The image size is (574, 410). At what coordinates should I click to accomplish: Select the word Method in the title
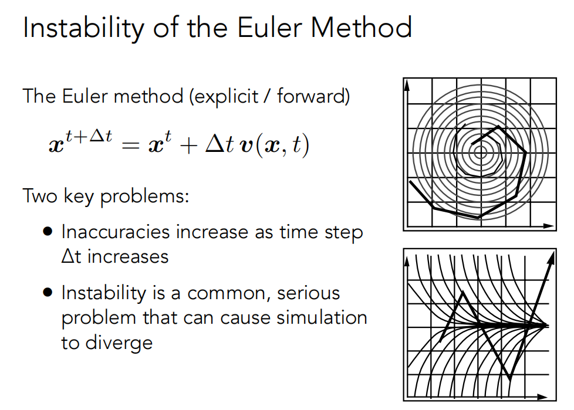click(x=362, y=28)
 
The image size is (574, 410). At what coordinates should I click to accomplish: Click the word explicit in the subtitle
click(x=224, y=97)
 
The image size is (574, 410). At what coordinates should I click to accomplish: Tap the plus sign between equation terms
click(x=189, y=146)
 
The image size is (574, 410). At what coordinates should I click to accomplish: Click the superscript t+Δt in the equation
click(x=89, y=136)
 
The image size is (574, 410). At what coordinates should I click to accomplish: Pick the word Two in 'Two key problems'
click(x=40, y=196)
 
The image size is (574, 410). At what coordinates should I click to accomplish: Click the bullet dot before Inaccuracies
click(x=48, y=232)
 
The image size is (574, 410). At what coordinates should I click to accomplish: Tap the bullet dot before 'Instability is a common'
click(x=48, y=293)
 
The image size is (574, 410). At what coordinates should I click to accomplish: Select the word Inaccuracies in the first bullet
click(x=116, y=232)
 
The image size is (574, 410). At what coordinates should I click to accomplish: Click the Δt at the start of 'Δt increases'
click(x=71, y=256)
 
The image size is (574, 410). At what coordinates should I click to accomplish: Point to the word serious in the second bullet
click(x=308, y=293)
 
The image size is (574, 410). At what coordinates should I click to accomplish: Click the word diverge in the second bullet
click(x=119, y=343)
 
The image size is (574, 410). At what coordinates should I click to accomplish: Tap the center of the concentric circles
click(x=480, y=153)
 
